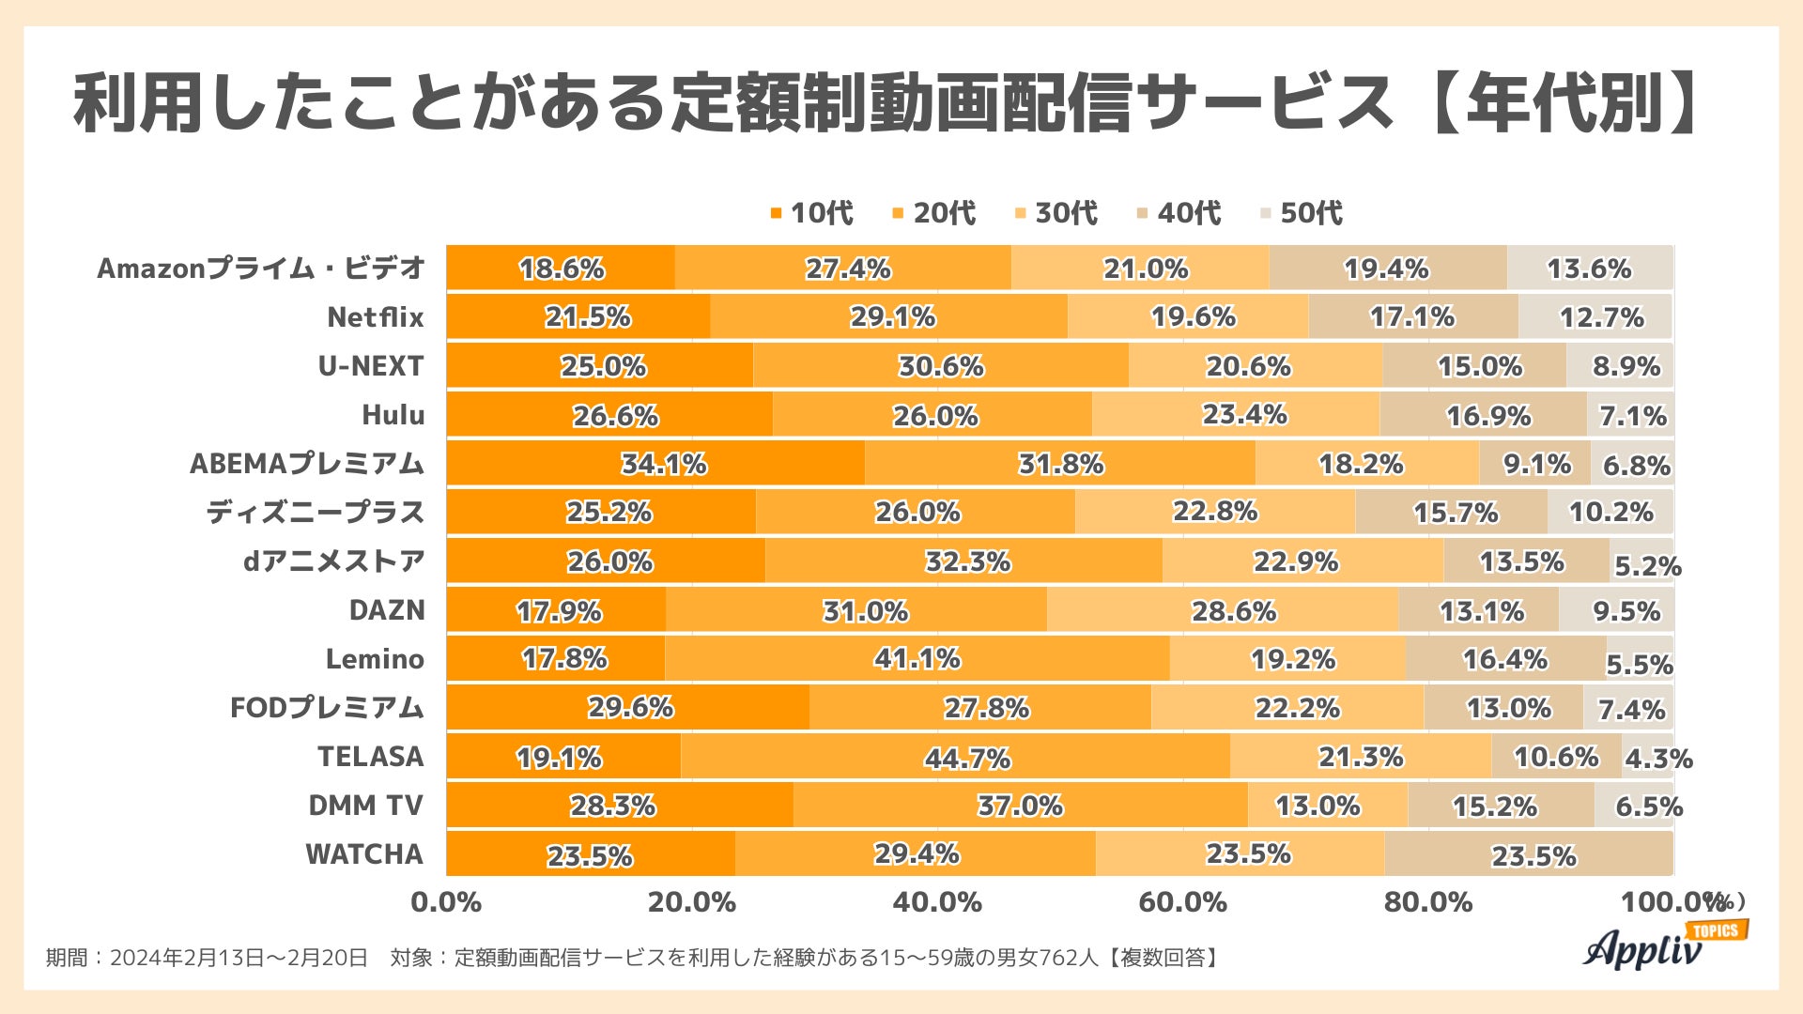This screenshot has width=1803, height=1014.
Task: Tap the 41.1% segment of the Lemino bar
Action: point(917,659)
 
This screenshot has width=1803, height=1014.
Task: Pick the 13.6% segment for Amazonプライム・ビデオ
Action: point(1589,269)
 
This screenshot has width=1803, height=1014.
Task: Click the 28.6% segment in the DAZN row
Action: point(1223,610)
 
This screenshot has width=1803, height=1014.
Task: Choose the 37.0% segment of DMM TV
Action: point(1020,806)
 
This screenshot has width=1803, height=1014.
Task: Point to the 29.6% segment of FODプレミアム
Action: point(628,708)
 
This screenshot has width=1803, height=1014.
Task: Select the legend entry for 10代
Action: point(812,213)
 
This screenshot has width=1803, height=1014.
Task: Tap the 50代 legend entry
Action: point(1302,213)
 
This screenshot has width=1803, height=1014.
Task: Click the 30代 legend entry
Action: point(1056,213)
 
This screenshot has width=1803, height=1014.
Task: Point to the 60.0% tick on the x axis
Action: point(1182,902)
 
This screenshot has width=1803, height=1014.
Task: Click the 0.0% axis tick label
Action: point(446,902)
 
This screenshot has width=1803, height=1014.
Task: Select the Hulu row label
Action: point(393,415)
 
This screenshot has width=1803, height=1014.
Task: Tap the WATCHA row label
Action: point(364,854)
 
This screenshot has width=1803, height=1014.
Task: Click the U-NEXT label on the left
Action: point(371,366)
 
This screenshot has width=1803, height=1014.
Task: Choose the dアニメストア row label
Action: point(334,561)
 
